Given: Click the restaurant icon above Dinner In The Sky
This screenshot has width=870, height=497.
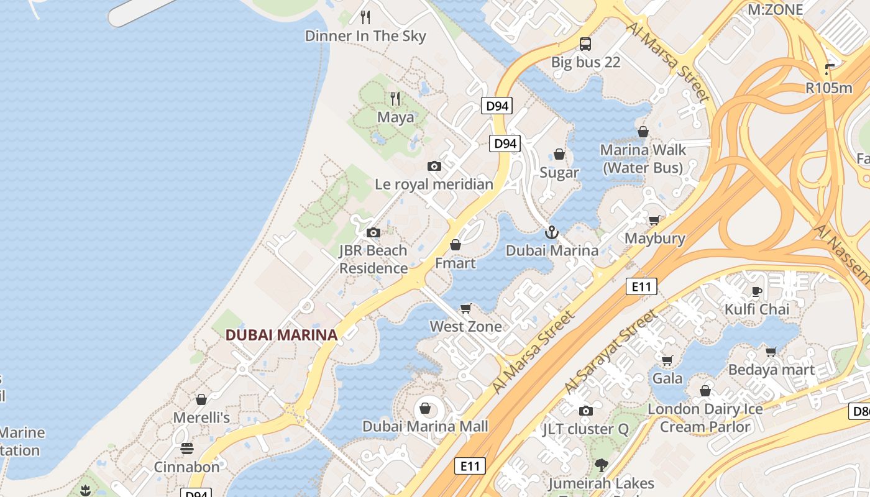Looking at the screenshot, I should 365,17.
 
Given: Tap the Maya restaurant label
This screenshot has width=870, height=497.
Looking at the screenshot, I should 395,117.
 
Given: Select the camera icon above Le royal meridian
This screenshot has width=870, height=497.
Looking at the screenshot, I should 434,166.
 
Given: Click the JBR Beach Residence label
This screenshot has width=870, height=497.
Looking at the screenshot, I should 373,260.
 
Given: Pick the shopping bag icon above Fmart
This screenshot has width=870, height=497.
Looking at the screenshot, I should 456,245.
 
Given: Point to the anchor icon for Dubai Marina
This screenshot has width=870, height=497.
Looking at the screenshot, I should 551,233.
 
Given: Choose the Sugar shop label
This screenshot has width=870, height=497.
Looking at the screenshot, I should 559,173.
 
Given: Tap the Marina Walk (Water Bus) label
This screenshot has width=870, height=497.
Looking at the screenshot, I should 643,158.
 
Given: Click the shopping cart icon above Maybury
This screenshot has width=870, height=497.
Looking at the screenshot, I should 654,220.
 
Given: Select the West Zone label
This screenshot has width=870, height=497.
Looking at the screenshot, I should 465,326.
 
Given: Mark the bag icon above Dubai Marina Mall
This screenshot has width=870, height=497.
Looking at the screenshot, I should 425,408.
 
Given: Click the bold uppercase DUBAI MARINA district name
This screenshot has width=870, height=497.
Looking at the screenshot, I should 281,335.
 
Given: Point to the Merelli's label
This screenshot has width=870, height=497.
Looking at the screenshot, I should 201,417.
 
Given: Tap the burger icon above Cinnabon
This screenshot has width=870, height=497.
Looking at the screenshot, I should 187,448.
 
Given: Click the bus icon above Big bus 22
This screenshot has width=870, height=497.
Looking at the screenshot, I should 585,44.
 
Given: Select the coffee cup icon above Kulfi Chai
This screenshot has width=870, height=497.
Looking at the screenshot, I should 757,291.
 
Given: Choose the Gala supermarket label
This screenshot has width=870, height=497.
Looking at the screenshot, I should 667,378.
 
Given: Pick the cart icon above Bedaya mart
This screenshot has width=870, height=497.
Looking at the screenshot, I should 771,352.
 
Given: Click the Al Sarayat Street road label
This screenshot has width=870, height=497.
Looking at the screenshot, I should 610,352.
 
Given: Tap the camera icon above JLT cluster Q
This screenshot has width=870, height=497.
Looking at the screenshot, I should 585,411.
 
